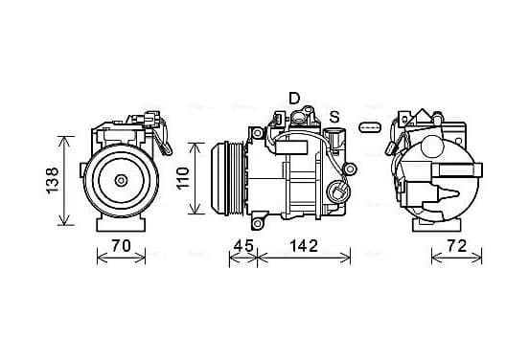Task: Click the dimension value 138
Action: click(53, 180)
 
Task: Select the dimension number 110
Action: click(183, 178)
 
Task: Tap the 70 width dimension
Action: click(121, 246)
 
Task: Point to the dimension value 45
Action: click(243, 246)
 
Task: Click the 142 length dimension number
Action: click(304, 246)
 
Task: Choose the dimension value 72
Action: click(457, 246)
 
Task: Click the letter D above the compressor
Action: click(294, 98)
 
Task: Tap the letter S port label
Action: click(334, 117)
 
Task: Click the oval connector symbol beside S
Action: click(370, 127)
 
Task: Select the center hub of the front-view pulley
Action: click(121, 180)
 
